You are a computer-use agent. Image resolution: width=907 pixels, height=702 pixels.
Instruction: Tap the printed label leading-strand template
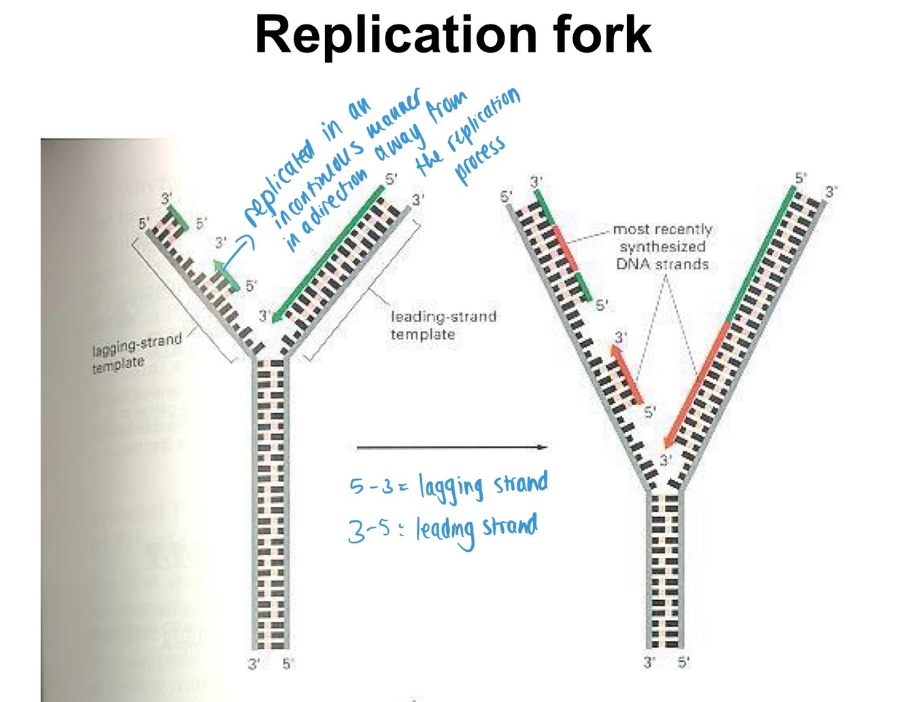[x=442, y=325]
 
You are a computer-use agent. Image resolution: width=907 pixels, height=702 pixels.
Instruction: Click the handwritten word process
[x=479, y=160]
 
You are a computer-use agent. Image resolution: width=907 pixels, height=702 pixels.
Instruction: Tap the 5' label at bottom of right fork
[x=683, y=661]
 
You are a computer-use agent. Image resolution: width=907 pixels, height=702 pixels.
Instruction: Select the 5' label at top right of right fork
[x=801, y=178]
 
